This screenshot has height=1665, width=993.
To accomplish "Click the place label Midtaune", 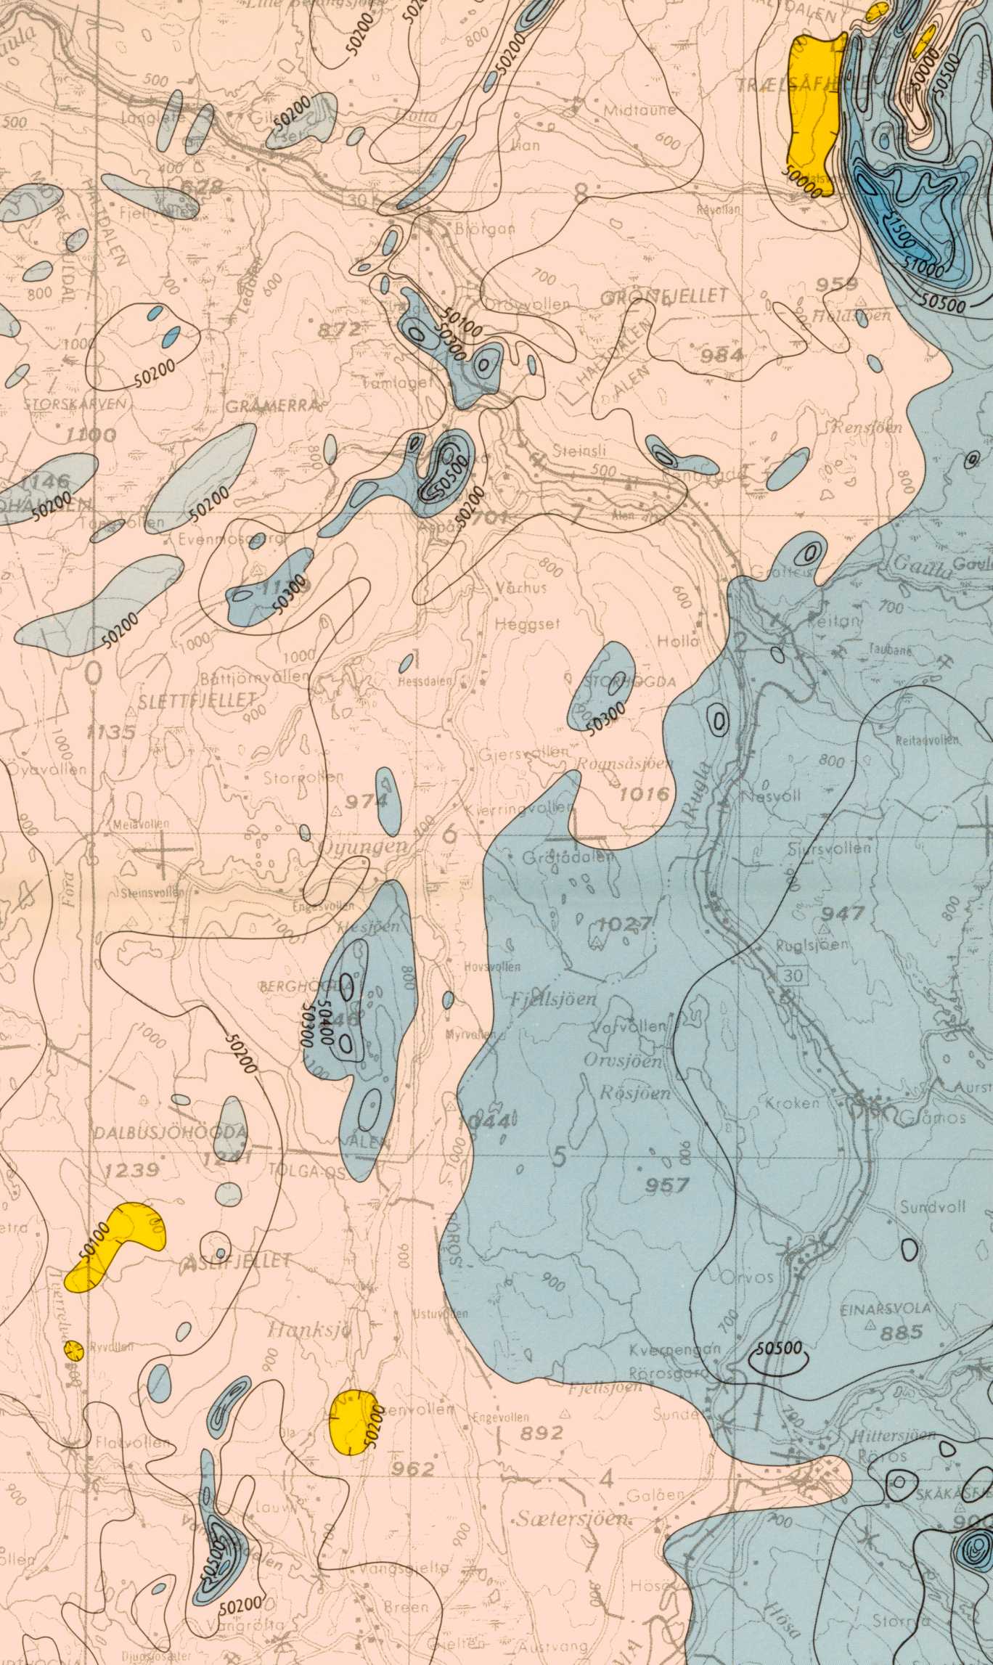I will point(640,110).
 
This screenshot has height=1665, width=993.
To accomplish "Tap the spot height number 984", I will point(722,355).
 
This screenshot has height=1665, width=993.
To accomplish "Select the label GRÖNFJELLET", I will point(664,296).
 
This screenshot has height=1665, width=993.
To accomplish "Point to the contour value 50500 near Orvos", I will point(779,1349).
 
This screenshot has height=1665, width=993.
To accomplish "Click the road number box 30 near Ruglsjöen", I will point(793,975).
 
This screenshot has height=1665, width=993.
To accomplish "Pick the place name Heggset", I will point(527,623).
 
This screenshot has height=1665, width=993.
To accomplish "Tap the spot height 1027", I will point(624,924).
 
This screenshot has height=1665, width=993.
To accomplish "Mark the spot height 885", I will point(902,1332).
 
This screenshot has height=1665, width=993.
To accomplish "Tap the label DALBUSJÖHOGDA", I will point(170,1132).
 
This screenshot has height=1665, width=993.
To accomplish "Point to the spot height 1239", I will point(132,1170).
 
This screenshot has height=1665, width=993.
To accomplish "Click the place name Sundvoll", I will point(933,1206).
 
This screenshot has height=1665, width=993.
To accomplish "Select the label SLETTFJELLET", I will point(197,700).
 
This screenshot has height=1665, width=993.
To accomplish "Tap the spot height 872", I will point(339,330).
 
